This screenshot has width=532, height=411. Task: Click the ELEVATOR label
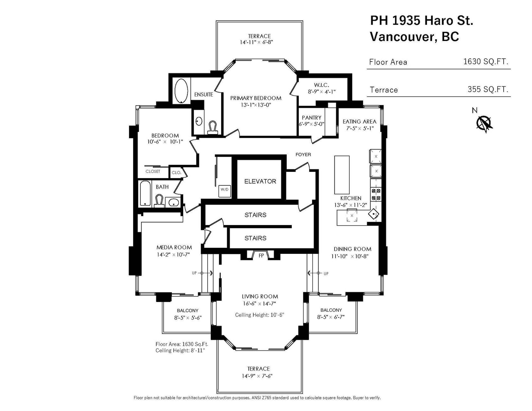click(260, 181)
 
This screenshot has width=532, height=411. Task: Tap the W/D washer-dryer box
click(224, 191)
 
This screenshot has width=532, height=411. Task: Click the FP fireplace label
click(261, 256)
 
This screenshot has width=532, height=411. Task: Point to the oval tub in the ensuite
click(181, 91)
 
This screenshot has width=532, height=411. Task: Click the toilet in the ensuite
click(213, 127)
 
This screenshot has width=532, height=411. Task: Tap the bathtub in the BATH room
click(145, 193)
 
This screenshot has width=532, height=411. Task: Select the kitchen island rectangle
click(342, 175)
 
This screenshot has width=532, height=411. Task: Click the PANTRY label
click(311, 118)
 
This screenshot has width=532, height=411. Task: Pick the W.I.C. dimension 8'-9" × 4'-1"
click(322, 92)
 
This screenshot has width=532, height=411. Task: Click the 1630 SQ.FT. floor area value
click(486, 62)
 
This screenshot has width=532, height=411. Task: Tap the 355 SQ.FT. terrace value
click(488, 89)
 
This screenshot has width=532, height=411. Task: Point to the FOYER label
click(303, 154)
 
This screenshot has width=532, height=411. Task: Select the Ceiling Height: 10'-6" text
click(260, 315)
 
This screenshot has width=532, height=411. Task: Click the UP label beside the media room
click(194, 273)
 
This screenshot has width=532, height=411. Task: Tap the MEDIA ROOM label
click(174, 247)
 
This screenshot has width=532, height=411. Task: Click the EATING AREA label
click(359, 121)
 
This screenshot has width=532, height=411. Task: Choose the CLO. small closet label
click(176, 172)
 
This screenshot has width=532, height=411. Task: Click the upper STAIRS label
click(255, 215)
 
